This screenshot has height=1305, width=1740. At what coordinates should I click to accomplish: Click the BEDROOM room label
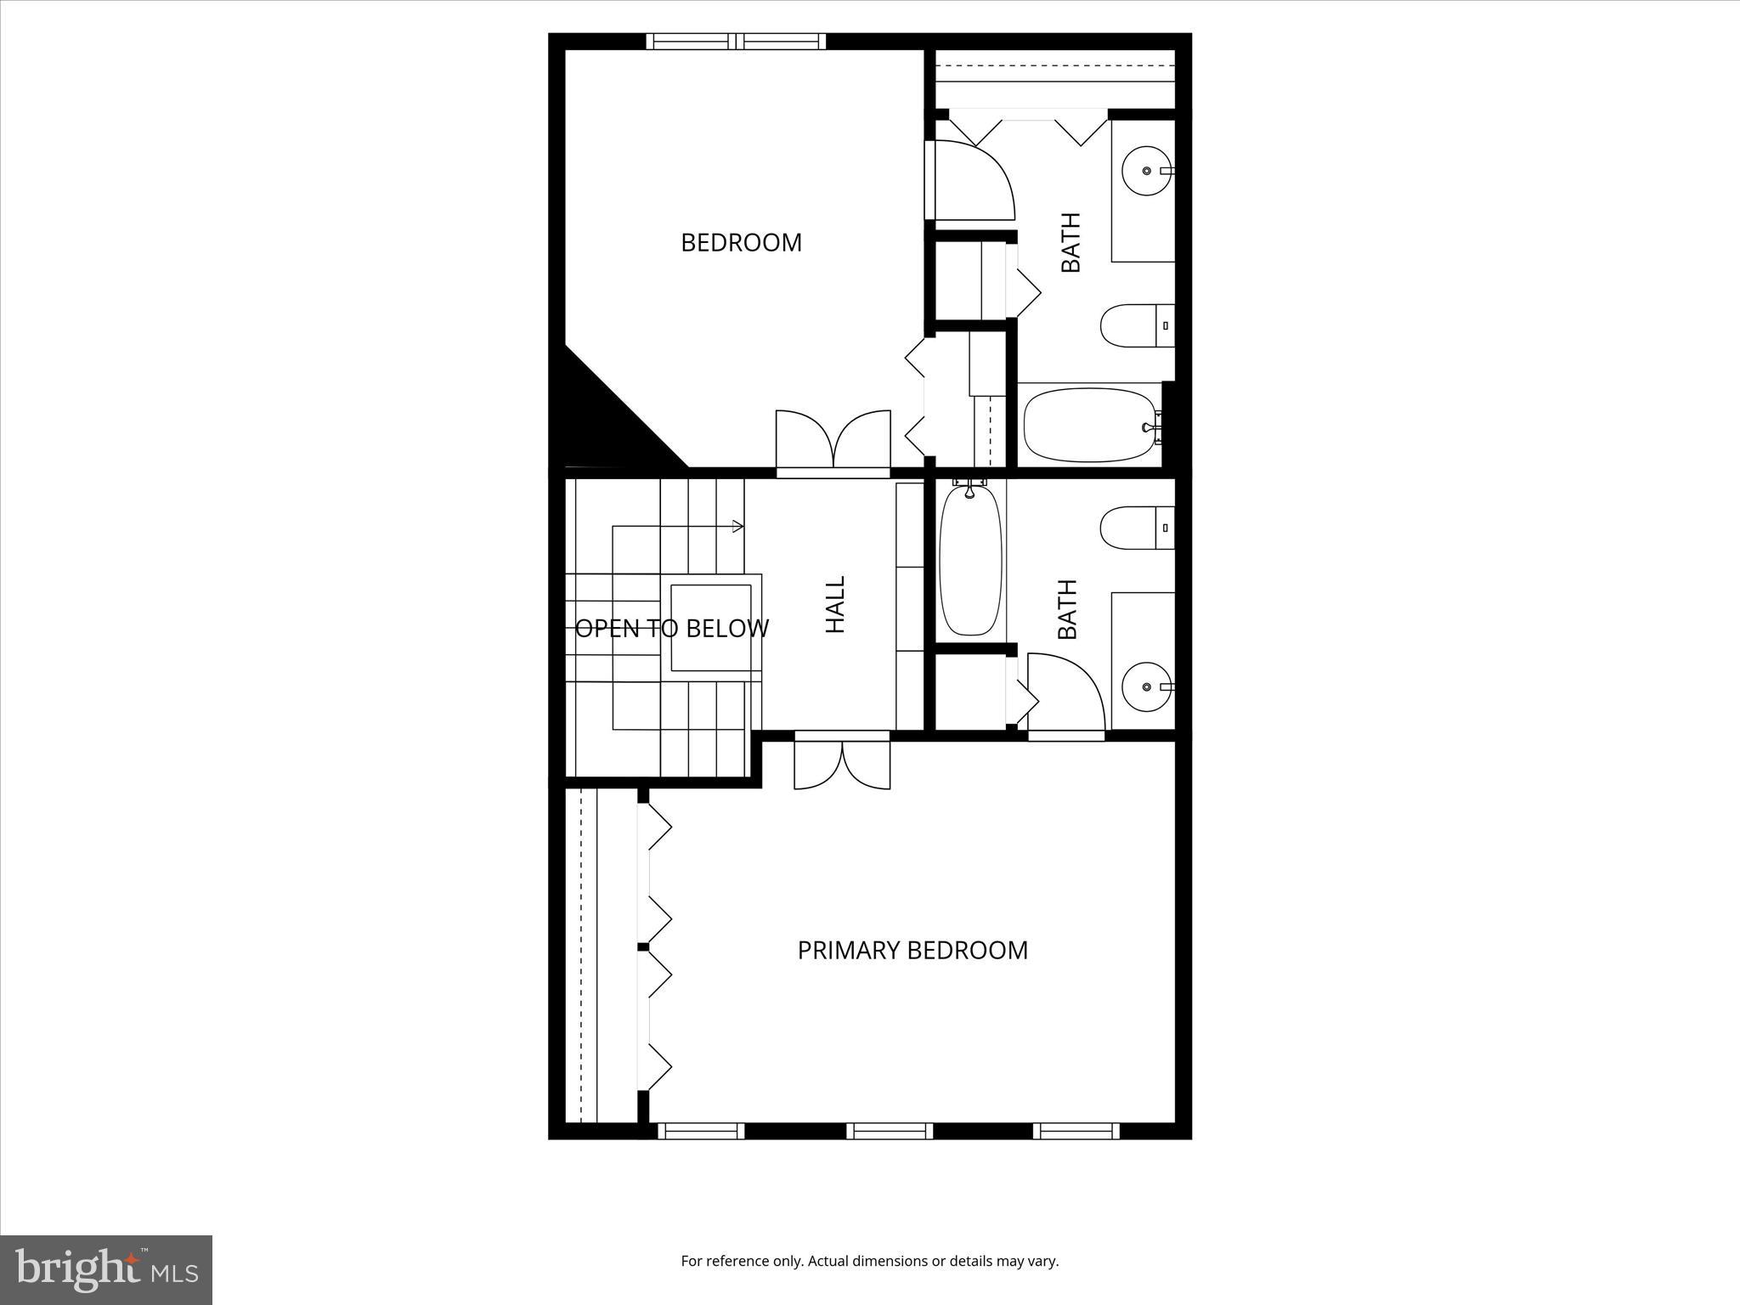(741, 243)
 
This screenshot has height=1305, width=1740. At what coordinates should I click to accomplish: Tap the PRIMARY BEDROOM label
(912, 950)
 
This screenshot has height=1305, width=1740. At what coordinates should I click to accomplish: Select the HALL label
(836, 605)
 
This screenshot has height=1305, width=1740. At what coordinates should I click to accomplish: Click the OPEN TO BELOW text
(671, 629)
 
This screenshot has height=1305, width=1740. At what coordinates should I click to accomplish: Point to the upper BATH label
(1071, 242)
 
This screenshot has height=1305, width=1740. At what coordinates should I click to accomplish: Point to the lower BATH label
(1068, 609)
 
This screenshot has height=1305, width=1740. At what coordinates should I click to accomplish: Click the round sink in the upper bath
(1146, 171)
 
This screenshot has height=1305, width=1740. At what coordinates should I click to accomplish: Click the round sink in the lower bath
(1146, 686)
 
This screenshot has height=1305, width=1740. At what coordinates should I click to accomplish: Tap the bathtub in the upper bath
(1091, 425)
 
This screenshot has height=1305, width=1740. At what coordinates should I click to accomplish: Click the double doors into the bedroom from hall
(833, 442)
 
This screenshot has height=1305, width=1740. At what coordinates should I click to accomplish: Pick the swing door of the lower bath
(1066, 692)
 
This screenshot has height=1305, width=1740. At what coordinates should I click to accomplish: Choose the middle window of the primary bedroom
(890, 1131)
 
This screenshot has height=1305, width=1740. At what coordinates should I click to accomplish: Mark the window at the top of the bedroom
(736, 42)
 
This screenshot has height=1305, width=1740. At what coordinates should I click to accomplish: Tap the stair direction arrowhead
(738, 526)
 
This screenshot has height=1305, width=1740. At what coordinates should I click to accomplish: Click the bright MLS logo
(106, 1269)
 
